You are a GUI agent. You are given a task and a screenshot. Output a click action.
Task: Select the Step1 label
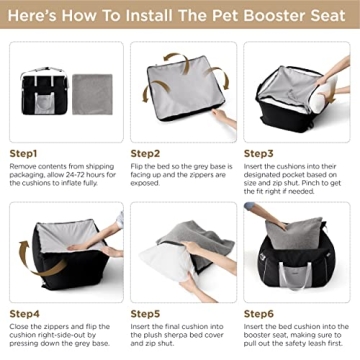point(27,153)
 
